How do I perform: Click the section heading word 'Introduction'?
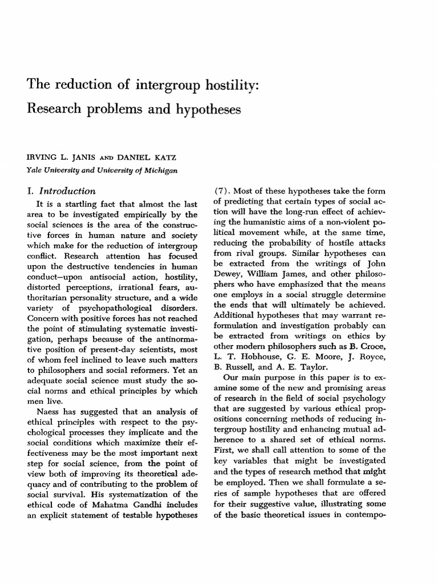pos(68,191)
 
